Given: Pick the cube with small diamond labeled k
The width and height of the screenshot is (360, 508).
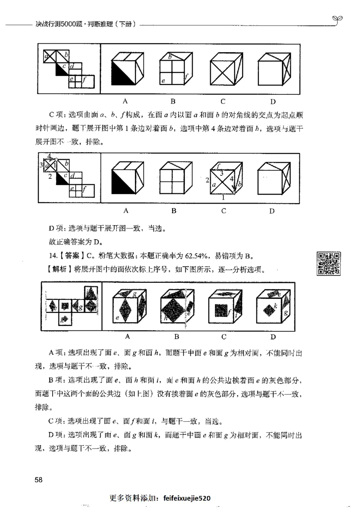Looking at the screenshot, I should point(272,308).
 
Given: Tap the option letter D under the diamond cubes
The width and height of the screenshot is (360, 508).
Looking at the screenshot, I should point(272,336).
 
